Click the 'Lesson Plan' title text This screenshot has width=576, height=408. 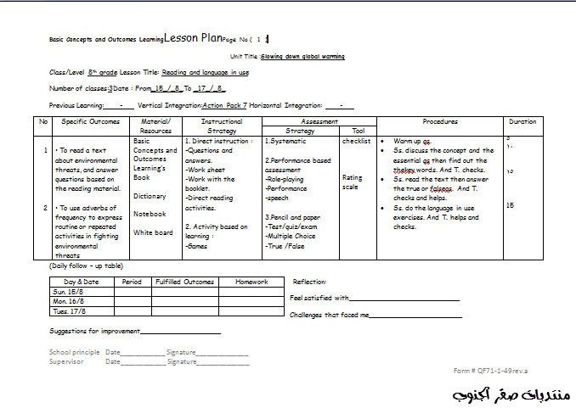(193, 38)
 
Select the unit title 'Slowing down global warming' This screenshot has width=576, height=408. (303, 56)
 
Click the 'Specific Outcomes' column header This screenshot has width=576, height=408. (91, 121)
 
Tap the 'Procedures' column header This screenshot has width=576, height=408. (440, 121)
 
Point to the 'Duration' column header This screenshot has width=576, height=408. (522, 121)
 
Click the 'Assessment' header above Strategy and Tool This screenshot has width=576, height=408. (319, 121)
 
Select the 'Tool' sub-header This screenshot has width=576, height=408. (358, 131)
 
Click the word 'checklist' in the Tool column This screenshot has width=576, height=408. (356, 142)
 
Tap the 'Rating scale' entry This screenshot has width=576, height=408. (352, 182)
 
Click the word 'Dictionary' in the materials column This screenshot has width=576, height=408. (150, 196)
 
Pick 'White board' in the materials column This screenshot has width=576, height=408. (153, 232)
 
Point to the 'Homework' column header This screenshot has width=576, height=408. (251, 282)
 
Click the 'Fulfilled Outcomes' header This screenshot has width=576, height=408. (184, 282)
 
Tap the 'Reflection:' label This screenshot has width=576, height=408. (309, 282)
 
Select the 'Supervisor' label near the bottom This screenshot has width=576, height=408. (66, 361)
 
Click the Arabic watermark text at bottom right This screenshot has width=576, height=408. (510, 395)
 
